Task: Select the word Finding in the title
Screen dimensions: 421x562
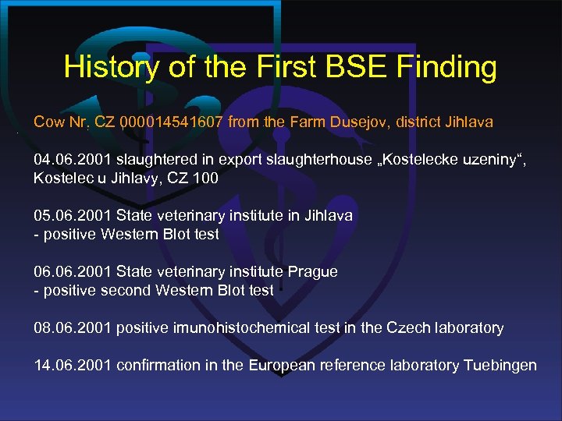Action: (x=446, y=68)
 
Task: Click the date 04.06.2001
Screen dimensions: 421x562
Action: (x=72, y=160)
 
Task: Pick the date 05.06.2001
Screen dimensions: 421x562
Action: (x=72, y=215)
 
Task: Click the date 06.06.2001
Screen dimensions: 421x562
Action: (x=72, y=272)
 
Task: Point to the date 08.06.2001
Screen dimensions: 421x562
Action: (x=72, y=327)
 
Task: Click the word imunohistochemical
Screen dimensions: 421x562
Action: (x=238, y=327)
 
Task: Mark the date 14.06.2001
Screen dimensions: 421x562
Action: (x=72, y=365)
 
